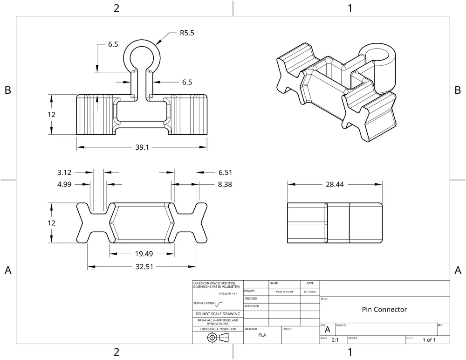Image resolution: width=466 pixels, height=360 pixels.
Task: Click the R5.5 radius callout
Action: tap(187, 33)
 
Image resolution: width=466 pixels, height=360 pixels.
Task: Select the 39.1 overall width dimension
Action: tap(142, 147)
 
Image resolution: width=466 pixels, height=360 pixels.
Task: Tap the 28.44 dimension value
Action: tap(334, 185)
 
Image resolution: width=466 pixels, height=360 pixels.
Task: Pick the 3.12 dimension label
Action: tap(64, 173)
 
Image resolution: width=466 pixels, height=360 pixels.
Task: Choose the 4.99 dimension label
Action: tap(64, 185)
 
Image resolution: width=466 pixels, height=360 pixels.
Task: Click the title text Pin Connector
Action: tap(384, 310)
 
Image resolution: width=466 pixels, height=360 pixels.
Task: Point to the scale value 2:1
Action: tap(335, 340)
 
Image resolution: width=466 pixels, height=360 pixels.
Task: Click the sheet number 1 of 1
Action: tap(429, 340)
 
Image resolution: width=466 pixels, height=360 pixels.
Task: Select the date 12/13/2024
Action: tap(310, 291)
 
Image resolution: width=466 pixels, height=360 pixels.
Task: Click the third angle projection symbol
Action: tap(218, 338)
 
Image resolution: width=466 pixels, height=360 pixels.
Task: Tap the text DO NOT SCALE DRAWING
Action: tap(218, 314)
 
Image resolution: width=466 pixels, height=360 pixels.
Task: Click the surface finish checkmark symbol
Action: tap(219, 304)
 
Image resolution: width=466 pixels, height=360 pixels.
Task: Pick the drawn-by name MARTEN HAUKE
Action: tap(284, 291)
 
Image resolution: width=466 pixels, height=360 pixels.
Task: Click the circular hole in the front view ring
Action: tap(142, 60)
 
